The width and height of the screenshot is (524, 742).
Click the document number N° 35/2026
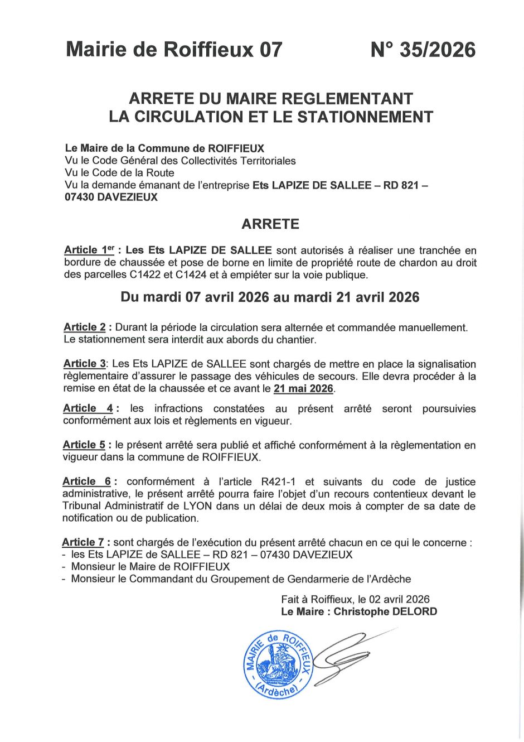(x=423, y=50)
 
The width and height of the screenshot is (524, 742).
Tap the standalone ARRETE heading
(x=270, y=224)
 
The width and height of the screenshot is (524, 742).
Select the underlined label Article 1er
(x=89, y=250)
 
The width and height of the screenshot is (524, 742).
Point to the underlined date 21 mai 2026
(x=303, y=389)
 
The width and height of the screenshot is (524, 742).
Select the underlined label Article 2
(x=85, y=327)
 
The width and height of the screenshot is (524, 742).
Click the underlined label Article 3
(x=84, y=364)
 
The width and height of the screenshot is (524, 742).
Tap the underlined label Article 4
(x=88, y=409)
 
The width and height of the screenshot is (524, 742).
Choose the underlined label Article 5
(x=84, y=445)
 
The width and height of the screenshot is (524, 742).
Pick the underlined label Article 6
(x=87, y=481)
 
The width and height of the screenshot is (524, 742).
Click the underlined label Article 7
(x=83, y=542)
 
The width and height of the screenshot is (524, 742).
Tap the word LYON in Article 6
(x=197, y=506)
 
